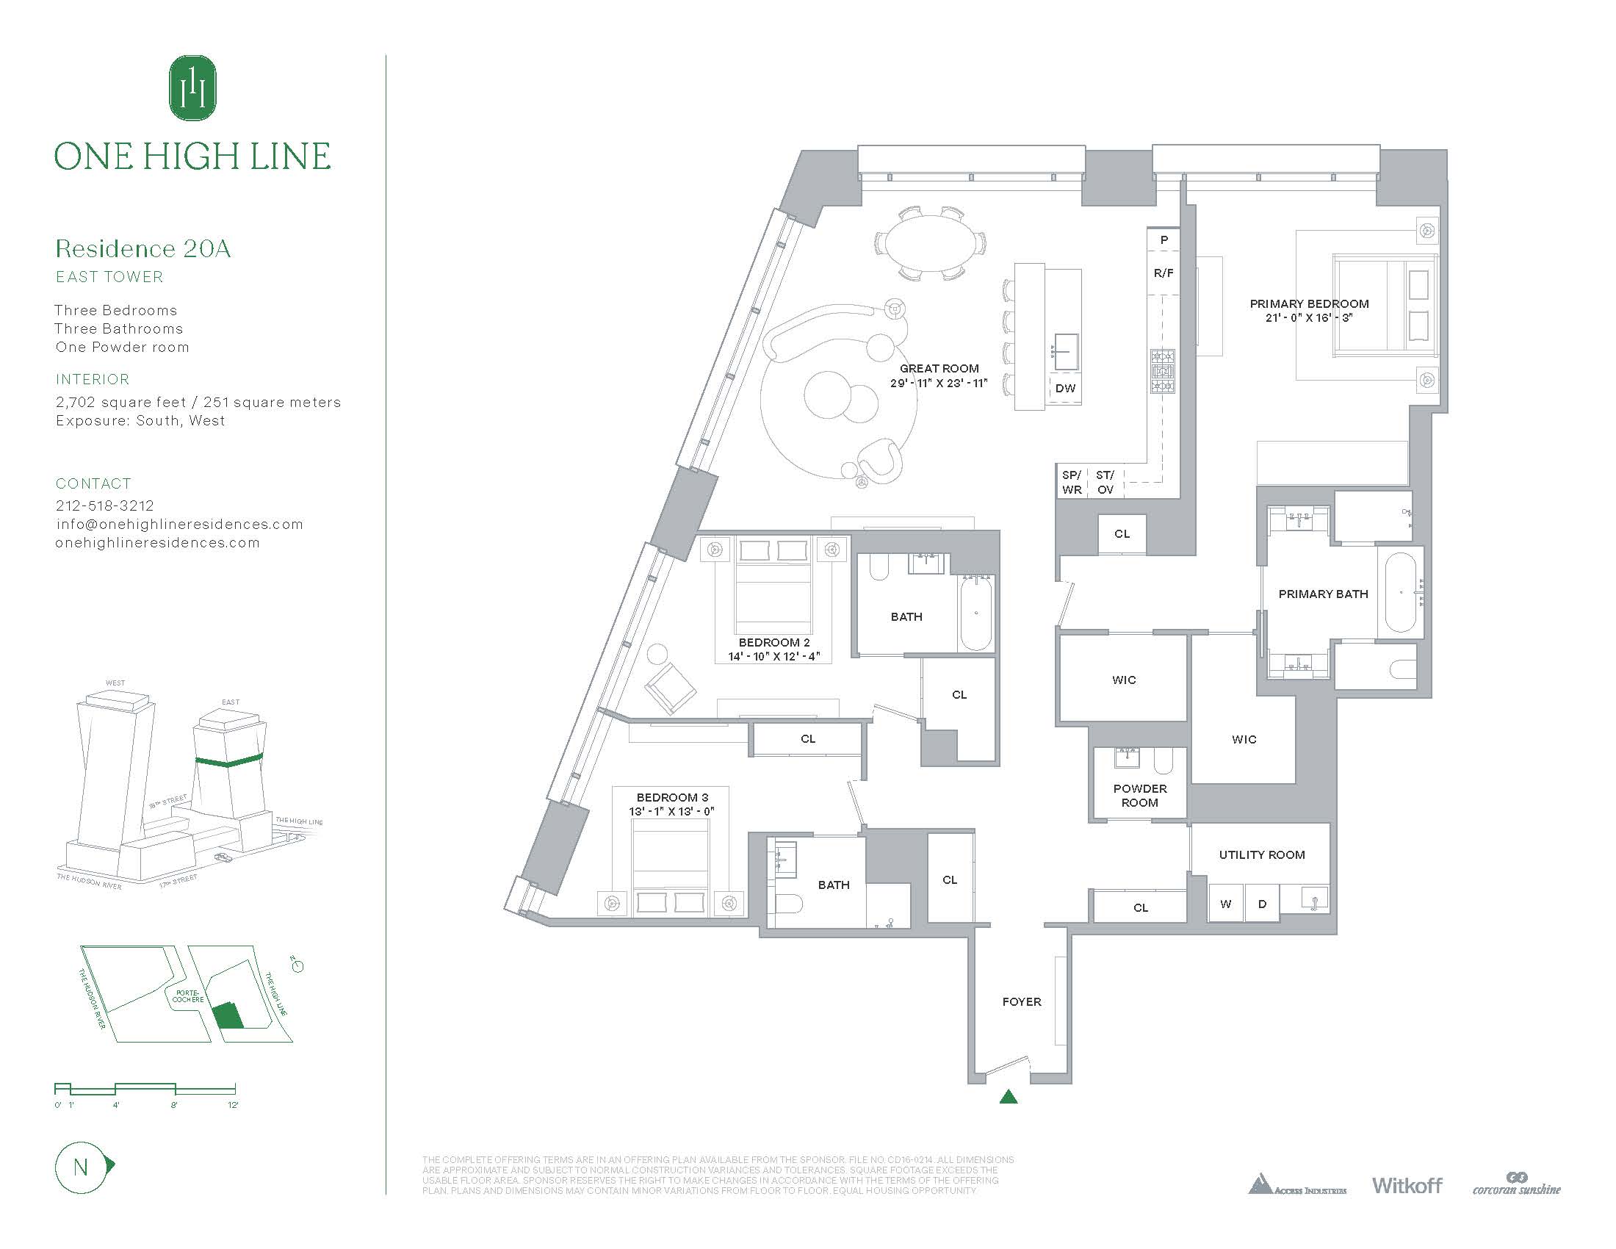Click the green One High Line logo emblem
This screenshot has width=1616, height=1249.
point(193,87)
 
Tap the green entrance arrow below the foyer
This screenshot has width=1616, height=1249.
point(1008,1097)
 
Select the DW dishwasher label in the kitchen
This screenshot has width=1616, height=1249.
point(1065,389)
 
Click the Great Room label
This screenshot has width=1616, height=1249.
point(939,369)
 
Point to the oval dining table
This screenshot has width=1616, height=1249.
point(930,242)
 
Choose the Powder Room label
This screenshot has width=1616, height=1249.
point(1139,796)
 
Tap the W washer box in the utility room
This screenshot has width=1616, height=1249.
point(1225,904)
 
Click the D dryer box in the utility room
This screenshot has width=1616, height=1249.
point(1262,904)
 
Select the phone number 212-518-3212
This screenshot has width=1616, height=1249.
point(105,505)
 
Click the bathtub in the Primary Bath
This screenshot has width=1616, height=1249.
point(1400,593)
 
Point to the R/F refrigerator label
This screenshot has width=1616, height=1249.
point(1164,273)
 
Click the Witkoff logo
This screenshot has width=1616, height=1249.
point(1407,1185)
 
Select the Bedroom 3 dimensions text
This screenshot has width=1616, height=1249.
point(671,811)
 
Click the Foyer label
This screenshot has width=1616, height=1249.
point(1021,1002)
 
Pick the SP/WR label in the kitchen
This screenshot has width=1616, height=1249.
point(1072,483)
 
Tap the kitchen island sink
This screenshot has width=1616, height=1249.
point(1066,350)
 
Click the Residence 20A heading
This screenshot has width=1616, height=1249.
point(143,248)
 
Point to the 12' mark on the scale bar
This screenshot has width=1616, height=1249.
point(233,1105)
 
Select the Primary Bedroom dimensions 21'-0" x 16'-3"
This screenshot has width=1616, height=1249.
point(1309,317)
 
